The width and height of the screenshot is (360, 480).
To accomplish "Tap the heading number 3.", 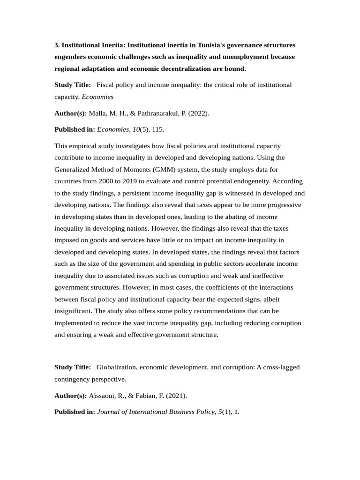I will (x=57, y=45).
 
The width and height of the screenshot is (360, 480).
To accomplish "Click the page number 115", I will (x=157, y=129).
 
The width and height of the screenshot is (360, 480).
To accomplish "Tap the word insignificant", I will (x=73, y=311).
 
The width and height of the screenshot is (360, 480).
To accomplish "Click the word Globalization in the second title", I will (x=116, y=367).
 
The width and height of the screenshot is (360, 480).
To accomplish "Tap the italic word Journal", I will (x=109, y=412).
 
